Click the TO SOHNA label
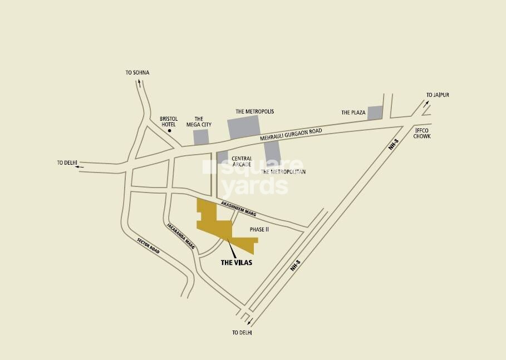pyautogui.click(x=137, y=73)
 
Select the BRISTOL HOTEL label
pyautogui.click(x=168, y=121)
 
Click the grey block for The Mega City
pyautogui.click(x=201, y=137)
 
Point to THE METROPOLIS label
pyautogui.click(x=255, y=112)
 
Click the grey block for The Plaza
pyautogui.click(x=375, y=112)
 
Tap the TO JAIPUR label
pyautogui.click(x=438, y=95)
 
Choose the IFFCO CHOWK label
pyautogui.click(x=423, y=133)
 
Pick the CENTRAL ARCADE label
pyautogui.click(x=242, y=161)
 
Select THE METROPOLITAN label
pyautogui.click(x=284, y=172)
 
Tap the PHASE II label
pyautogui.click(x=259, y=229)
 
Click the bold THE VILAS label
pyautogui.click(x=237, y=263)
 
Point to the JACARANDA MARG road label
pyautogui.click(x=180, y=238)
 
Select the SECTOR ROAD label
pyautogui.click(x=149, y=246)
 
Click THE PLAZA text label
pyautogui.click(x=353, y=113)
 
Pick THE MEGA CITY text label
pyautogui.click(x=199, y=121)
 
